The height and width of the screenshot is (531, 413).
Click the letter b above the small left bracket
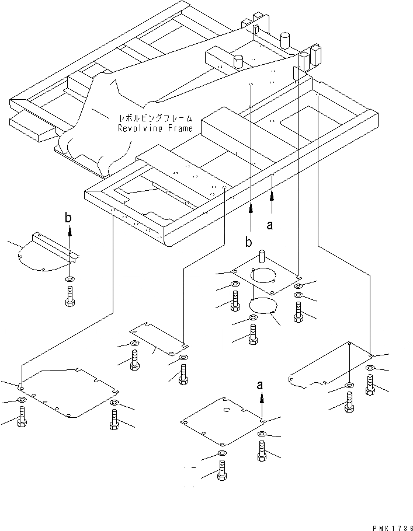coord(69,218)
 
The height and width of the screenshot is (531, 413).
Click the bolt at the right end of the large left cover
coord(113,420)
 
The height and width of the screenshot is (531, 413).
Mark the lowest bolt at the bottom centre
coord(222,469)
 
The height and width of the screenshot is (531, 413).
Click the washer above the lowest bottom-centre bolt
coord(222,453)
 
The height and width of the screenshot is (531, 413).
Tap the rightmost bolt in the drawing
coord(370,384)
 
